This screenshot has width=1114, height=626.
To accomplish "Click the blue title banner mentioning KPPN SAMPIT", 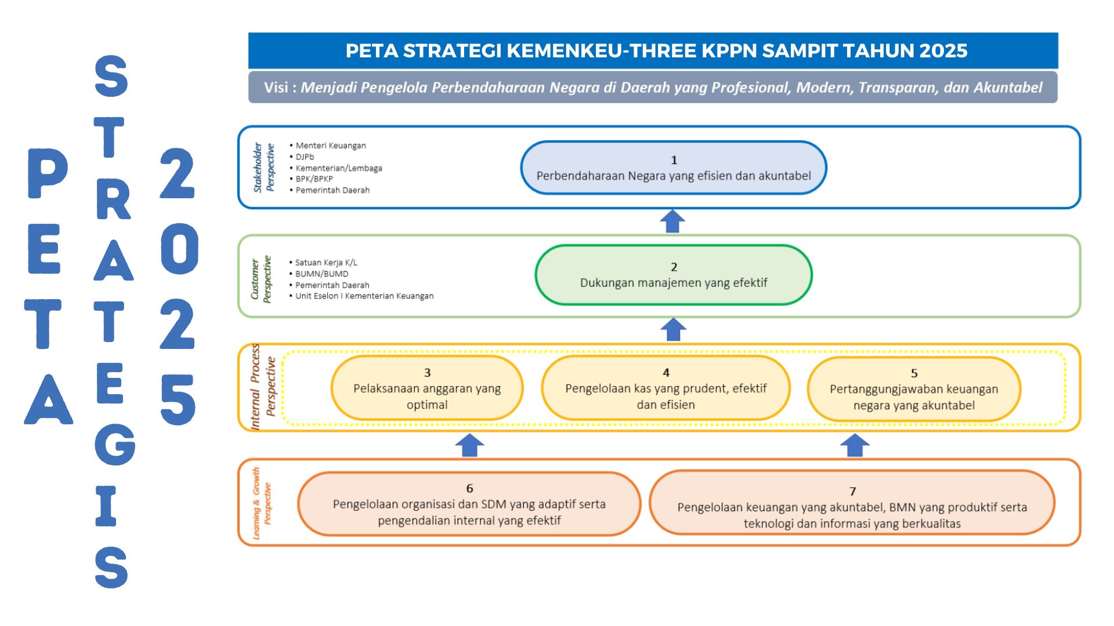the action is (653, 50).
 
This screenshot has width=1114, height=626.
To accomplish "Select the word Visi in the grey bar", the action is (276, 88).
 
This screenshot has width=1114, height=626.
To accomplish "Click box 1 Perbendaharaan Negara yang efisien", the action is (674, 168).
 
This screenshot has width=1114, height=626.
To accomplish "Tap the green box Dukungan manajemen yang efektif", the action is (674, 275).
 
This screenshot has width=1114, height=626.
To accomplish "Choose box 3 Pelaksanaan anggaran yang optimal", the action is (427, 388).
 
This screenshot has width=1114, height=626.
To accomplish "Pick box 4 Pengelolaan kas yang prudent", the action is (665, 388).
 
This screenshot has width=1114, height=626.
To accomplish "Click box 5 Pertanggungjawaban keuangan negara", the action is (914, 389).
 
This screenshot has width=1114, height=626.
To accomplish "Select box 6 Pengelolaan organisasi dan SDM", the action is (469, 504).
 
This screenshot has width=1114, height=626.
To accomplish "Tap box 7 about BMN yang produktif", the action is (852, 503).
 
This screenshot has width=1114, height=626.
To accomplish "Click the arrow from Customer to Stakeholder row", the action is (672, 221).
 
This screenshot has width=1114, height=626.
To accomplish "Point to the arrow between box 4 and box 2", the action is (673, 329).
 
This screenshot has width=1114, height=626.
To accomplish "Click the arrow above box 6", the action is (469, 445).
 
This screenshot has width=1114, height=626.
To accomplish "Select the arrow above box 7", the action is (855, 445).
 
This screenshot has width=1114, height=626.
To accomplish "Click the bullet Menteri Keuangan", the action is (328, 145).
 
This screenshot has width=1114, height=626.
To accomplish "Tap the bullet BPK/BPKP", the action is (311, 179).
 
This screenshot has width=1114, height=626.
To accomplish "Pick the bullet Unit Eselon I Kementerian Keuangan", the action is (361, 296).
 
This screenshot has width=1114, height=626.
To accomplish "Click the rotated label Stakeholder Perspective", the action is (263, 167).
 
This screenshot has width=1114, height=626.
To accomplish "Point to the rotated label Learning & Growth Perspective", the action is (262, 503).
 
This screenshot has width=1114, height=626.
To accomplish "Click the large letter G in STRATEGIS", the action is (115, 445).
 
